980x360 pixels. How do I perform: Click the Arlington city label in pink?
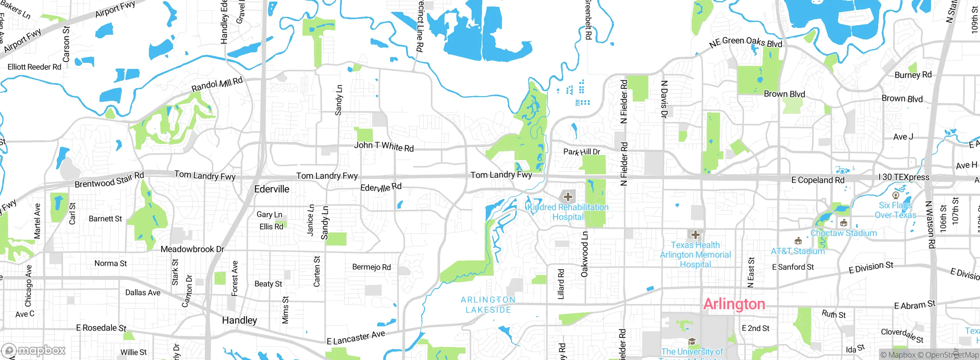734,304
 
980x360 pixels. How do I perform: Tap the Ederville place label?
272,189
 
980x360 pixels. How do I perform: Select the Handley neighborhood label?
240,320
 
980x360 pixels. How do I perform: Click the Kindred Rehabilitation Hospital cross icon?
568,197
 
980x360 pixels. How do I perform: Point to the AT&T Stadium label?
798,251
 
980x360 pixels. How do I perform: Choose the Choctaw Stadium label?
843,233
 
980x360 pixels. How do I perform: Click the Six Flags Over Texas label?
895,210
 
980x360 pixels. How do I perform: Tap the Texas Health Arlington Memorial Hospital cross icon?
696,235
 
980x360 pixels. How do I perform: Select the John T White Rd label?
384,146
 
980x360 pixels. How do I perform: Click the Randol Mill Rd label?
217,84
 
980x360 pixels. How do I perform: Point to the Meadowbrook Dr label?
192,249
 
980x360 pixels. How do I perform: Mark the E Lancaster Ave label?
356,337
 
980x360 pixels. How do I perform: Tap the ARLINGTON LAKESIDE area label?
488,305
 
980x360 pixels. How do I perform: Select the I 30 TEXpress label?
903,177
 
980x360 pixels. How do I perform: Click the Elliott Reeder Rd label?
34,67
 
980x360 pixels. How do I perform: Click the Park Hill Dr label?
581,152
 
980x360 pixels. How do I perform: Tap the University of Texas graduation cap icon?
692,341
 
